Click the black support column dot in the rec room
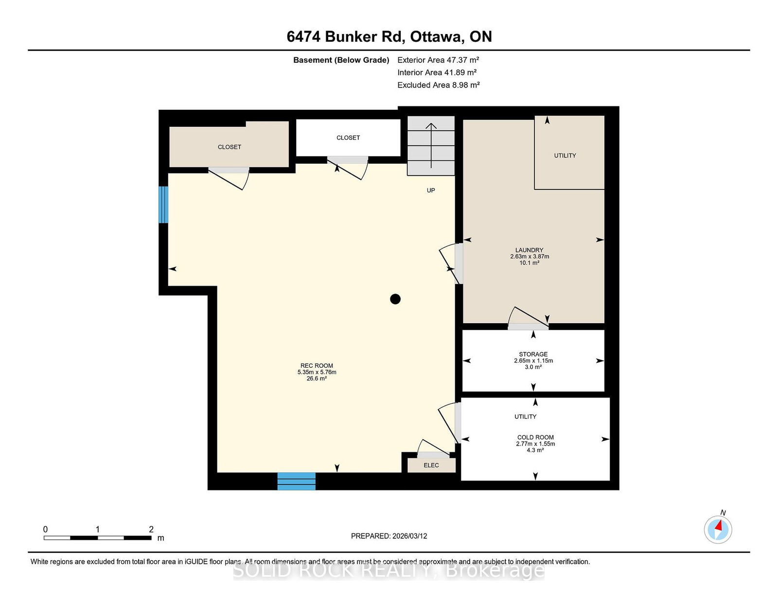click(x=395, y=299)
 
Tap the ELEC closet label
click(x=431, y=465)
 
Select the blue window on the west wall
click(x=163, y=204)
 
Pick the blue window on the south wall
click(x=297, y=481)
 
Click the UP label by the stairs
click(x=431, y=190)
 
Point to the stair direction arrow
click(x=431, y=146)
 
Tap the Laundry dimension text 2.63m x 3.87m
click(x=530, y=256)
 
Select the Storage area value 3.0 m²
click(x=533, y=367)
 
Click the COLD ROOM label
click(x=535, y=437)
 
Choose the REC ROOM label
click(x=317, y=366)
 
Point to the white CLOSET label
click(x=348, y=137)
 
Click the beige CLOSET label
click(x=230, y=147)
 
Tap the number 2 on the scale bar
click(x=151, y=529)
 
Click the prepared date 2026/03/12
click(x=409, y=536)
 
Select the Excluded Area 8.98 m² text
click(x=439, y=85)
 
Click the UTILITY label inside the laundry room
click(x=565, y=155)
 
